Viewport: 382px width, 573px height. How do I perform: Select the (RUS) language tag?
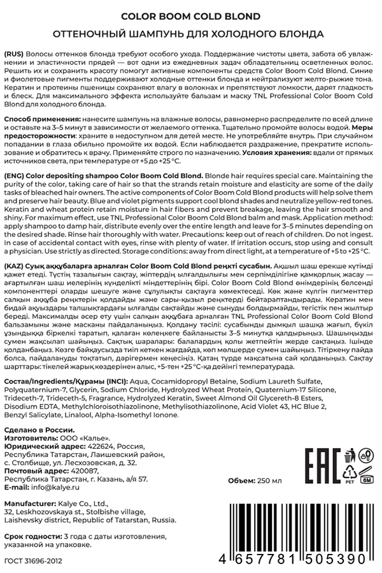coord(14,49)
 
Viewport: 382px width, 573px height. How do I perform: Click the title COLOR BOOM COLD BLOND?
coord(191,18)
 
